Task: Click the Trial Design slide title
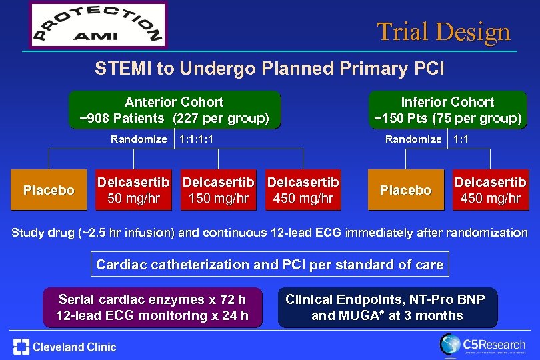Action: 443,31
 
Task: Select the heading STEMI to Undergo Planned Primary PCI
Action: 269,69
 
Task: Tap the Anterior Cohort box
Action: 175,111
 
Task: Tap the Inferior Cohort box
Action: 447,111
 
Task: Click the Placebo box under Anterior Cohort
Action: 49,191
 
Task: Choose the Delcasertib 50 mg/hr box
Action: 134,191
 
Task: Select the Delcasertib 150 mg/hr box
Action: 219,191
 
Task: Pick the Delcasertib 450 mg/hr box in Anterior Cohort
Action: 303,191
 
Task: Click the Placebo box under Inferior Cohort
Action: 405,191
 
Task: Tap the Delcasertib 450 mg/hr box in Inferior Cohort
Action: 490,191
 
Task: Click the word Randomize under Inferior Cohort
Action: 413,139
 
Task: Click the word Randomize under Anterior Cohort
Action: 139,139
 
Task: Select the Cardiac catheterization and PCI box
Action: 269,265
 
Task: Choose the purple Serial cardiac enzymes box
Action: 153,307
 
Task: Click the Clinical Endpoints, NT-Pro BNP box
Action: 387,307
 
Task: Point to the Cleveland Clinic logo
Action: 65,347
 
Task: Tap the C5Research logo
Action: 483,345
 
